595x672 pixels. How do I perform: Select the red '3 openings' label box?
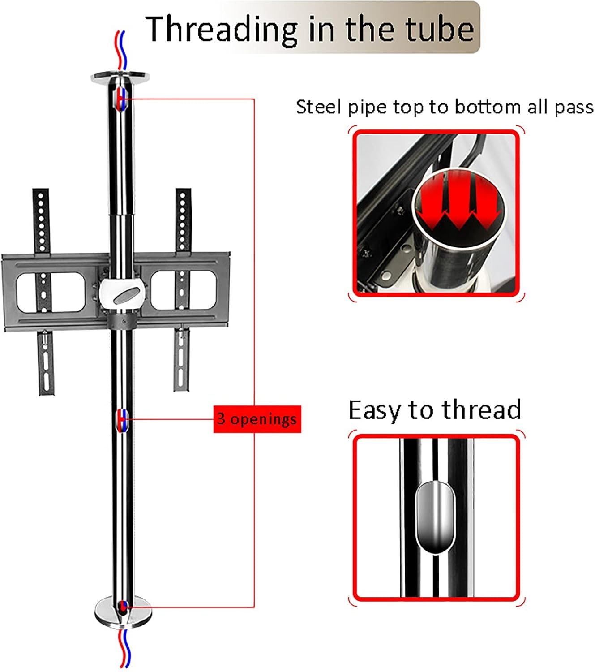point(257,419)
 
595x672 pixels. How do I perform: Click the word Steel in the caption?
point(320,107)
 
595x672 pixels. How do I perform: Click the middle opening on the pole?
point(121,420)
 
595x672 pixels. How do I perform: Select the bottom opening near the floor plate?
point(121,607)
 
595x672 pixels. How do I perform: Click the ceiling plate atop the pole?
point(120,78)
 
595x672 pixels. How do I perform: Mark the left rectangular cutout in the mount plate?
point(51,293)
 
